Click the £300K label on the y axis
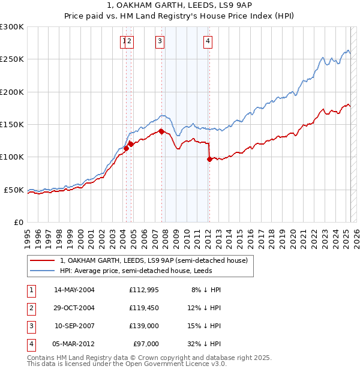[x=12, y=27]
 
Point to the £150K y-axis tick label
[x=12, y=124]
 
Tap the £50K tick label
[x=14, y=190]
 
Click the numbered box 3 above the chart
[x=160, y=41]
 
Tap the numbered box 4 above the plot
[x=208, y=41]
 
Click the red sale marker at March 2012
[x=209, y=159]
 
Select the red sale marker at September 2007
[x=161, y=131]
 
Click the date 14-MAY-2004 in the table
[x=74, y=290]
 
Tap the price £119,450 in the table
[x=144, y=308]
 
